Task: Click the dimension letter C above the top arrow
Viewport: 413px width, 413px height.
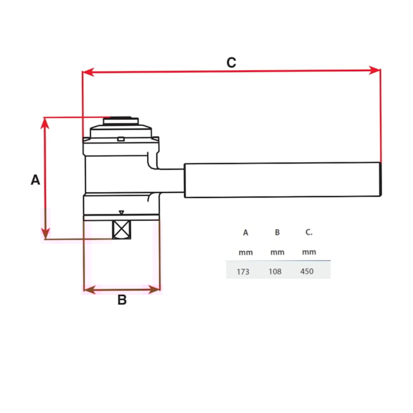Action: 231,62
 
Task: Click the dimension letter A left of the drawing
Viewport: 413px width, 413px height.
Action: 36,180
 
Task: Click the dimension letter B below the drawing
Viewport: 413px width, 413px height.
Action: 122,301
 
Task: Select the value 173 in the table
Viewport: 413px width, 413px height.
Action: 243,271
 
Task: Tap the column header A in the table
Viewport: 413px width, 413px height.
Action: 245,233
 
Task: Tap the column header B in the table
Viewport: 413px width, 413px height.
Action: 277,233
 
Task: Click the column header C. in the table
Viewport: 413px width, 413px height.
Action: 309,233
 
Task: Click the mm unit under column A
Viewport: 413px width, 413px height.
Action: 245,252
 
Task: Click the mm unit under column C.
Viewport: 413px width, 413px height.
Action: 309,252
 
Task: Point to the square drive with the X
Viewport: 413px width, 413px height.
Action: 121,230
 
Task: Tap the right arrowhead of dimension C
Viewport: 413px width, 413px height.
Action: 374,72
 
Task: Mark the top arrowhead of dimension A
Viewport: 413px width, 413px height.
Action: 44,123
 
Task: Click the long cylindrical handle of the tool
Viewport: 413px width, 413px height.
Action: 282,180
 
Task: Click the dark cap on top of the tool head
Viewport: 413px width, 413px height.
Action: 121,119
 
